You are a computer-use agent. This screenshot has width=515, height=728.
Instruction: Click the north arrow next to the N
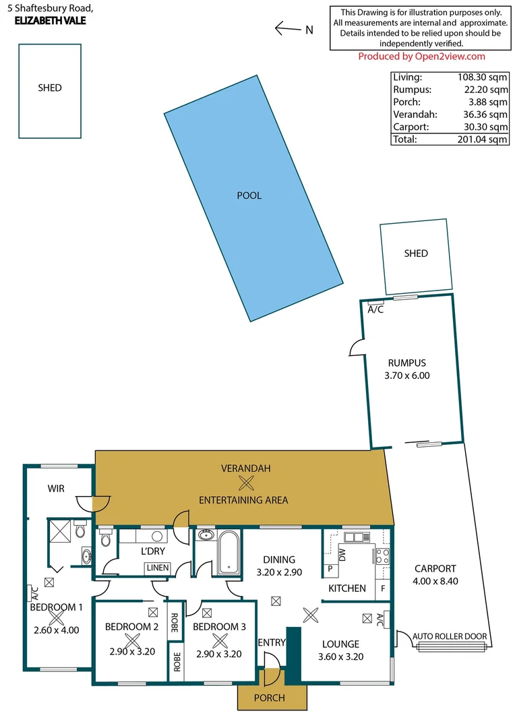point(288,28)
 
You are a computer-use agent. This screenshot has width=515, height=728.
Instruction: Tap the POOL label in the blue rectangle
point(249,195)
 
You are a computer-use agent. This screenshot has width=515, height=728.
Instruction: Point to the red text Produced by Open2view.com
point(421,57)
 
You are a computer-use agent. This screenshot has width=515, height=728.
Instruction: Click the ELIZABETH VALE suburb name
point(50,20)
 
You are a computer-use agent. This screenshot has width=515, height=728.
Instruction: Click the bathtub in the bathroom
point(229,553)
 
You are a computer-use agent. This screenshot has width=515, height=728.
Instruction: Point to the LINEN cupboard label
point(156,568)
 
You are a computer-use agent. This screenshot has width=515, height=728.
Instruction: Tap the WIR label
point(56,488)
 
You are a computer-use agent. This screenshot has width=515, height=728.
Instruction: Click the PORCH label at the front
point(269,698)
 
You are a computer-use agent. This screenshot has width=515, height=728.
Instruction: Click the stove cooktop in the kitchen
point(382,557)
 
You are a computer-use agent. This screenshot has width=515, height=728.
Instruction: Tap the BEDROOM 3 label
point(219,627)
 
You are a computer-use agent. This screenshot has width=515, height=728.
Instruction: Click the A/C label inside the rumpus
point(375,309)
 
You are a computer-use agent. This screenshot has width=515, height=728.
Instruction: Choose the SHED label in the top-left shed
point(50,88)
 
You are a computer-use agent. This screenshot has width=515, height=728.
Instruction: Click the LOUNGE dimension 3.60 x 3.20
point(340,656)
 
